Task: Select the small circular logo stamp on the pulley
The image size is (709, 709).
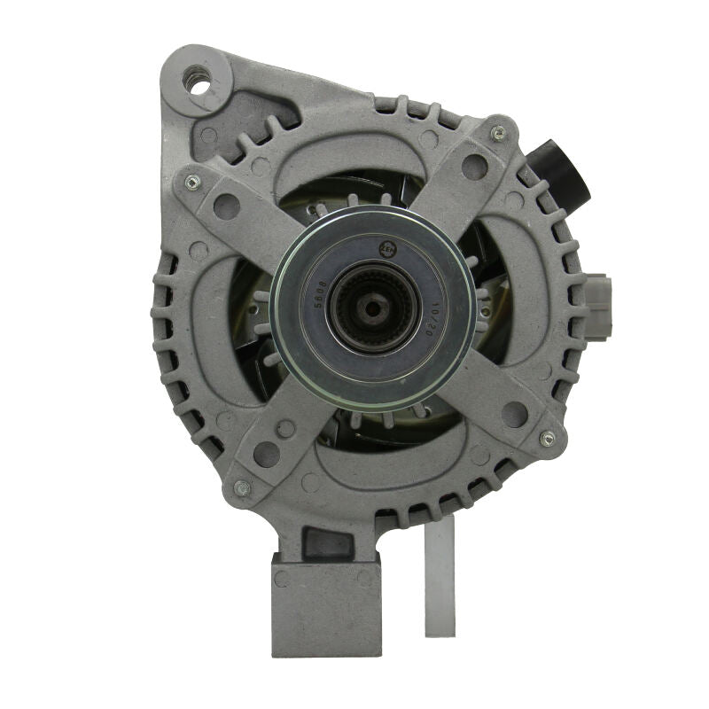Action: pos(386,249)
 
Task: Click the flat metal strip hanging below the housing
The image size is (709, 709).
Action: pos(440,576)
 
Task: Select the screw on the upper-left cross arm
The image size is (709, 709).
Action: pos(191,182)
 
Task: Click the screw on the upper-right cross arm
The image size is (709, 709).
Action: pos(499,133)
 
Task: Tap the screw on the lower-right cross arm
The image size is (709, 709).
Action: pos(547,439)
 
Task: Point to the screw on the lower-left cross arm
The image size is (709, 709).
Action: pos(241,487)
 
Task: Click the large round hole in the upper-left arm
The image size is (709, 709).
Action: pos(227,207)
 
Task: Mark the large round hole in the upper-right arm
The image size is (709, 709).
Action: pos(474,167)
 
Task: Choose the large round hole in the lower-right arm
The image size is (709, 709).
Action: pos(514,413)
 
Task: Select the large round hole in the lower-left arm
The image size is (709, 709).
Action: pos(266,454)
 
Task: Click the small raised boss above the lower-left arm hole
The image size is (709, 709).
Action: pos(285,428)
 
